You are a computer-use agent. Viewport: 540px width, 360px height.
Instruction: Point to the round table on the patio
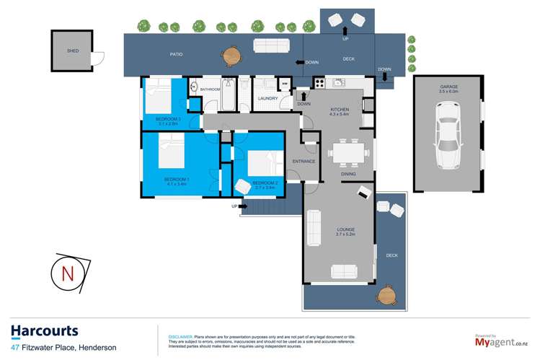[232, 53]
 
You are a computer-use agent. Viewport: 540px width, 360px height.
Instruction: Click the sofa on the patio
[271, 45]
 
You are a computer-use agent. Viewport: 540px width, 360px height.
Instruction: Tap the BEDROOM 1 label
[176, 179]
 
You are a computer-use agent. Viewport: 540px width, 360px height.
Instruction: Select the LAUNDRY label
[267, 98]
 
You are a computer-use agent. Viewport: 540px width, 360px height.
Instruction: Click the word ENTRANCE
[304, 161]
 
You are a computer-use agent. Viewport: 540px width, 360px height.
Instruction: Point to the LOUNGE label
[345, 231]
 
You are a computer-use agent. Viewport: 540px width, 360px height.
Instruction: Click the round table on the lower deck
[387, 294]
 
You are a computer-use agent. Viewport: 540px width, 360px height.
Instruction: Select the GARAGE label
[448, 87]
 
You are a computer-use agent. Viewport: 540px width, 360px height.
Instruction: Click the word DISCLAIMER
[180, 336]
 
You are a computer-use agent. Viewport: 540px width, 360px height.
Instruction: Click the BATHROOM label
[210, 89]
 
